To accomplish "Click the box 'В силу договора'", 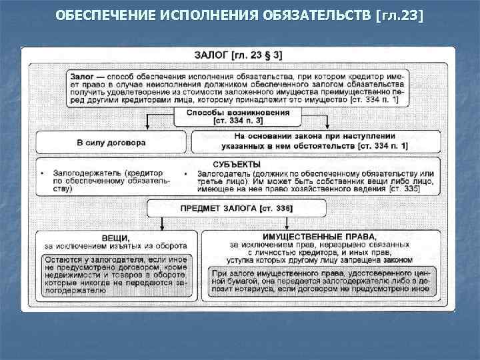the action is click(111, 142).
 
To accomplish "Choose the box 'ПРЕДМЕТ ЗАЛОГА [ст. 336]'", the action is click(237, 209).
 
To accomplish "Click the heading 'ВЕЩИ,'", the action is click(115, 237).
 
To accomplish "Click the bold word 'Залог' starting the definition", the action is click(83, 77).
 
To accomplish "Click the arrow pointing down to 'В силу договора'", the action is click(147, 124).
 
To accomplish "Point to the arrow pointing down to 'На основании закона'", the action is click(328, 124).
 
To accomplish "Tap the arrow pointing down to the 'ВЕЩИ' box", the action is click(162, 224).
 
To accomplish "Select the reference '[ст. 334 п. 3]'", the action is click(238, 121).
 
